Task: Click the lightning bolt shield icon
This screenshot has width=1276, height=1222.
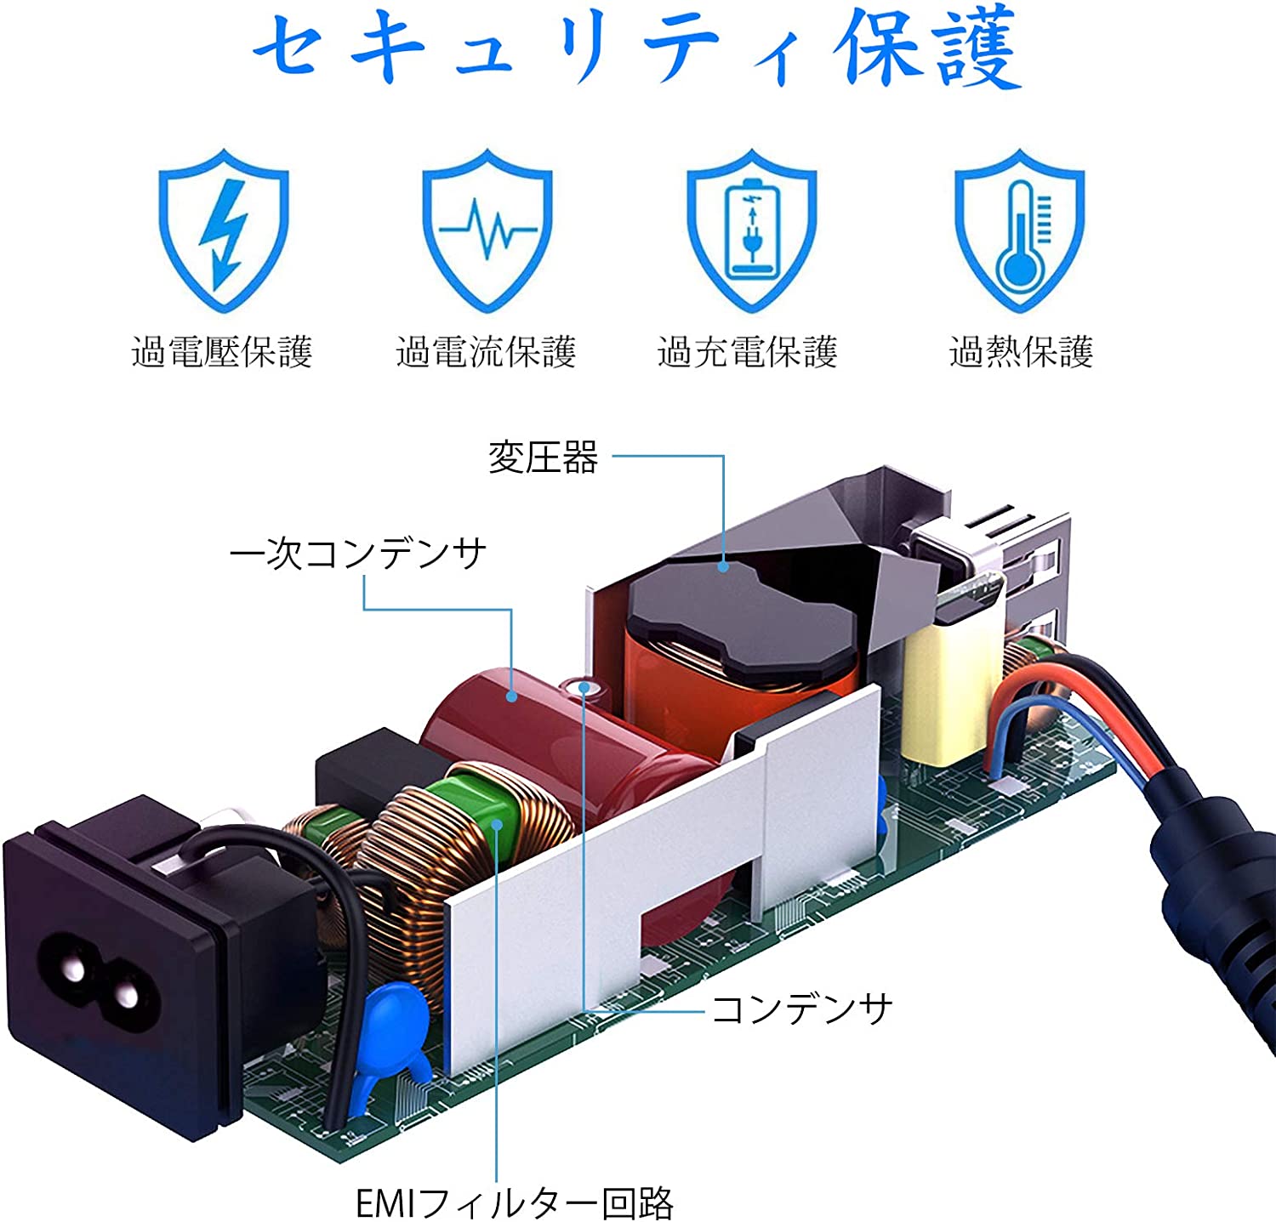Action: pos(224,230)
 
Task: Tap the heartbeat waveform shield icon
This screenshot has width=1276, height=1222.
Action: pos(487,230)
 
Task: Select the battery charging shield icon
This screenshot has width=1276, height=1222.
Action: pos(751,230)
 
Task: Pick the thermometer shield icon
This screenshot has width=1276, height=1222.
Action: pos(1019,230)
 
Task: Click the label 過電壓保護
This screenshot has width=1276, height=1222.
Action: pos(222,352)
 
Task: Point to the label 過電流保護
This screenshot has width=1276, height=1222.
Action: pos(486,352)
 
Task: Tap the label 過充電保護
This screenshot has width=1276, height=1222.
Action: pos(748,352)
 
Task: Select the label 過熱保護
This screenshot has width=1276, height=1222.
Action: pos(1021,352)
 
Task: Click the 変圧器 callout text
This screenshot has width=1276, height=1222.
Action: pos(543,458)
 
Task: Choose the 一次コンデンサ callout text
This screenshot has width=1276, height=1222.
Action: pos(358,554)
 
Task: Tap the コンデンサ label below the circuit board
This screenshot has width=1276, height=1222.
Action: pos(801,1009)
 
